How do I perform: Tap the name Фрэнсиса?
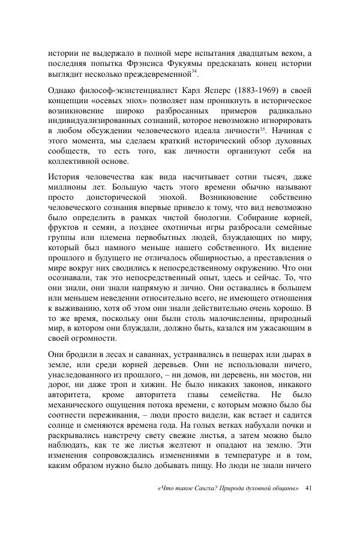click(158, 64)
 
